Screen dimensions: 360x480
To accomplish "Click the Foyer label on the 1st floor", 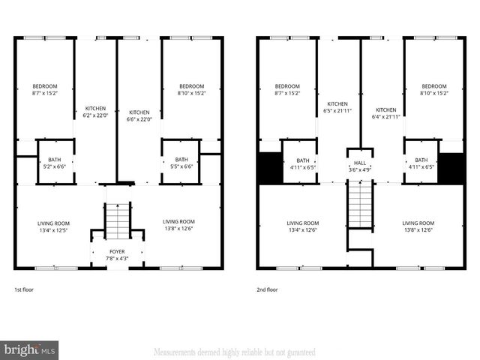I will (x=118, y=255).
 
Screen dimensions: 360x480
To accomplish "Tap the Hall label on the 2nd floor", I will (x=360, y=165).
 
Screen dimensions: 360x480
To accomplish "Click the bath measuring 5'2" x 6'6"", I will (x=55, y=163).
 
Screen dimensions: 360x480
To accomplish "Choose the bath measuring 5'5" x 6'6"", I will (x=181, y=163).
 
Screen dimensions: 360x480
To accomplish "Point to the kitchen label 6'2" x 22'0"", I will (x=96, y=112).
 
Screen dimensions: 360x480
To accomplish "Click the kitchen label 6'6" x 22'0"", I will (x=139, y=115).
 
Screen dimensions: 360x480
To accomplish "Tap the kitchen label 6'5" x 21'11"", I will (x=337, y=108).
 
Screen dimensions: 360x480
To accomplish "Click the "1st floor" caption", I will (x=24, y=289).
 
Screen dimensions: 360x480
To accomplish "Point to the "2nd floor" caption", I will (x=267, y=289).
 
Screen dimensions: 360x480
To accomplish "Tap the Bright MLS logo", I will (x=29, y=349).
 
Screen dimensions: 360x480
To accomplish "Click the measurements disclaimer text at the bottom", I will (x=234, y=352).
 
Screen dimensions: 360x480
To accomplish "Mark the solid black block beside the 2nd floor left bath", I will (x=268, y=167).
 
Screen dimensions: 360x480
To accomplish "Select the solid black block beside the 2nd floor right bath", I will (x=451, y=167).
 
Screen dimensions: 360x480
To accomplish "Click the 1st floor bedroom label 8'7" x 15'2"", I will (x=44, y=90).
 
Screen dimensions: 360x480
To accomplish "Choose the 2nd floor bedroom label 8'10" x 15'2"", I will (x=433, y=90).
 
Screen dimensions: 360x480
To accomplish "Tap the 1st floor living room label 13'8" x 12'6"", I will (x=178, y=225).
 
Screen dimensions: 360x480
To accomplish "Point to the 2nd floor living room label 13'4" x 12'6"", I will (x=301, y=226).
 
